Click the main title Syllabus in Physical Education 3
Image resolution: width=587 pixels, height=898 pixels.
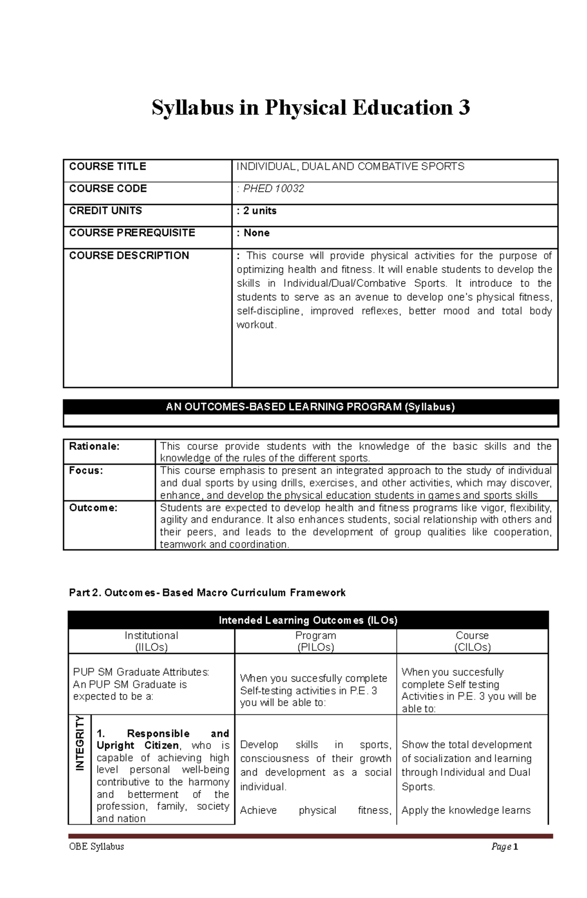click(x=311, y=108)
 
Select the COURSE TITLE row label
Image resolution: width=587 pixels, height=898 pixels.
click(x=108, y=166)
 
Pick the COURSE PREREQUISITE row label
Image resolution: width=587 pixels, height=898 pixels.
click(x=132, y=232)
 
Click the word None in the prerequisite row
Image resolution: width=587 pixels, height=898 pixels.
click(x=257, y=233)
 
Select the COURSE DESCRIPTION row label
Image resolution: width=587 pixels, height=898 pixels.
click(x=129, y=255)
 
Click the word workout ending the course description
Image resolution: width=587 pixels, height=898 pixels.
click(x=256, y=325)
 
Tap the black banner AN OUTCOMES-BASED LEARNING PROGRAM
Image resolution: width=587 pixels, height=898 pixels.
click(x=311, y=407)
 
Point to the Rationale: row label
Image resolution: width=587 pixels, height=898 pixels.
click(x=94, y=446)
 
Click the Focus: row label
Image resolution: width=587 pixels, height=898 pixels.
click(x=86, y=471)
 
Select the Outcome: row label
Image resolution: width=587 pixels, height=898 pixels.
click(x=93, y=508)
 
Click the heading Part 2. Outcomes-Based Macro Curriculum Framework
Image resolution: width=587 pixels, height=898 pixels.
click(x=207, y=593)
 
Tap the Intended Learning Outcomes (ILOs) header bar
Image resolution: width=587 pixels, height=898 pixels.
click(x=308, y=621)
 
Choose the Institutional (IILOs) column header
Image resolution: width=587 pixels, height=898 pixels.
click(x=151, y=641)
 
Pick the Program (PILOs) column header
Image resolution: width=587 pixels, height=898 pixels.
click(x=316, y=641)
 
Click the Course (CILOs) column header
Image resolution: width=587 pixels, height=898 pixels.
click(x=472, y=641)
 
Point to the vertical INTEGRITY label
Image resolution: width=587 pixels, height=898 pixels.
click(x=80, y=743)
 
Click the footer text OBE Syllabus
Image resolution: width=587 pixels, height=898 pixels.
click(x=97, y=846)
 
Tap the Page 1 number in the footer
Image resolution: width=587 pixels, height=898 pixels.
click(x=504, y=847)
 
